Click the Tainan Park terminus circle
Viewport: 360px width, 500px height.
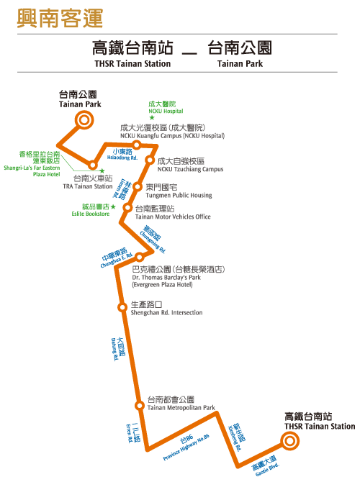click(84, 120)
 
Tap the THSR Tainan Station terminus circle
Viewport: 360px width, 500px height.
click(289, 441)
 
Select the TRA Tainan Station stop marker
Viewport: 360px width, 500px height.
click(93, 165)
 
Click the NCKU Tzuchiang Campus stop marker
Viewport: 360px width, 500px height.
click(149, 160)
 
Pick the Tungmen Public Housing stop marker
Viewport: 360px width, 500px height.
click(138, 186)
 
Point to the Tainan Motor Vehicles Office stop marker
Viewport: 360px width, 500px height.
click(127, 208)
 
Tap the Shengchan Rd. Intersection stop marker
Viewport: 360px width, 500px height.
click(122, 307)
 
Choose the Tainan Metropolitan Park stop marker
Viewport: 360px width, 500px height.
click(140, 405)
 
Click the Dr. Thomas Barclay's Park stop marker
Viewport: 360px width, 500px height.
click(140, 256)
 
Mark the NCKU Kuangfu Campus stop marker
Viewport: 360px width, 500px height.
click(137, 145)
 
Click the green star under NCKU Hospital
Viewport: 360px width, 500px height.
click(152, 118)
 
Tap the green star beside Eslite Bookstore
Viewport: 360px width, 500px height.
click(113, 207)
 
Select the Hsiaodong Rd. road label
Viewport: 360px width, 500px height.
click(122, 155)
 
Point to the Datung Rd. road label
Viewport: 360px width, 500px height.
click(117, 349)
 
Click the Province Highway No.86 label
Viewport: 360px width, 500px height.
click(186, 447)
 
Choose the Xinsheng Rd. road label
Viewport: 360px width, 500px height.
click(237, 437)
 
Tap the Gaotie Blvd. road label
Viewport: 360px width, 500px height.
click(266, 465)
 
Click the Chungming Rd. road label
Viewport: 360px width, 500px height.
click(153, 239)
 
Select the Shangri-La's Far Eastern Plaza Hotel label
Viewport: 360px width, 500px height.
click(32, 164)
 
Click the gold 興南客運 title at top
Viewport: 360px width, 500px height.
click(60, 18)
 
